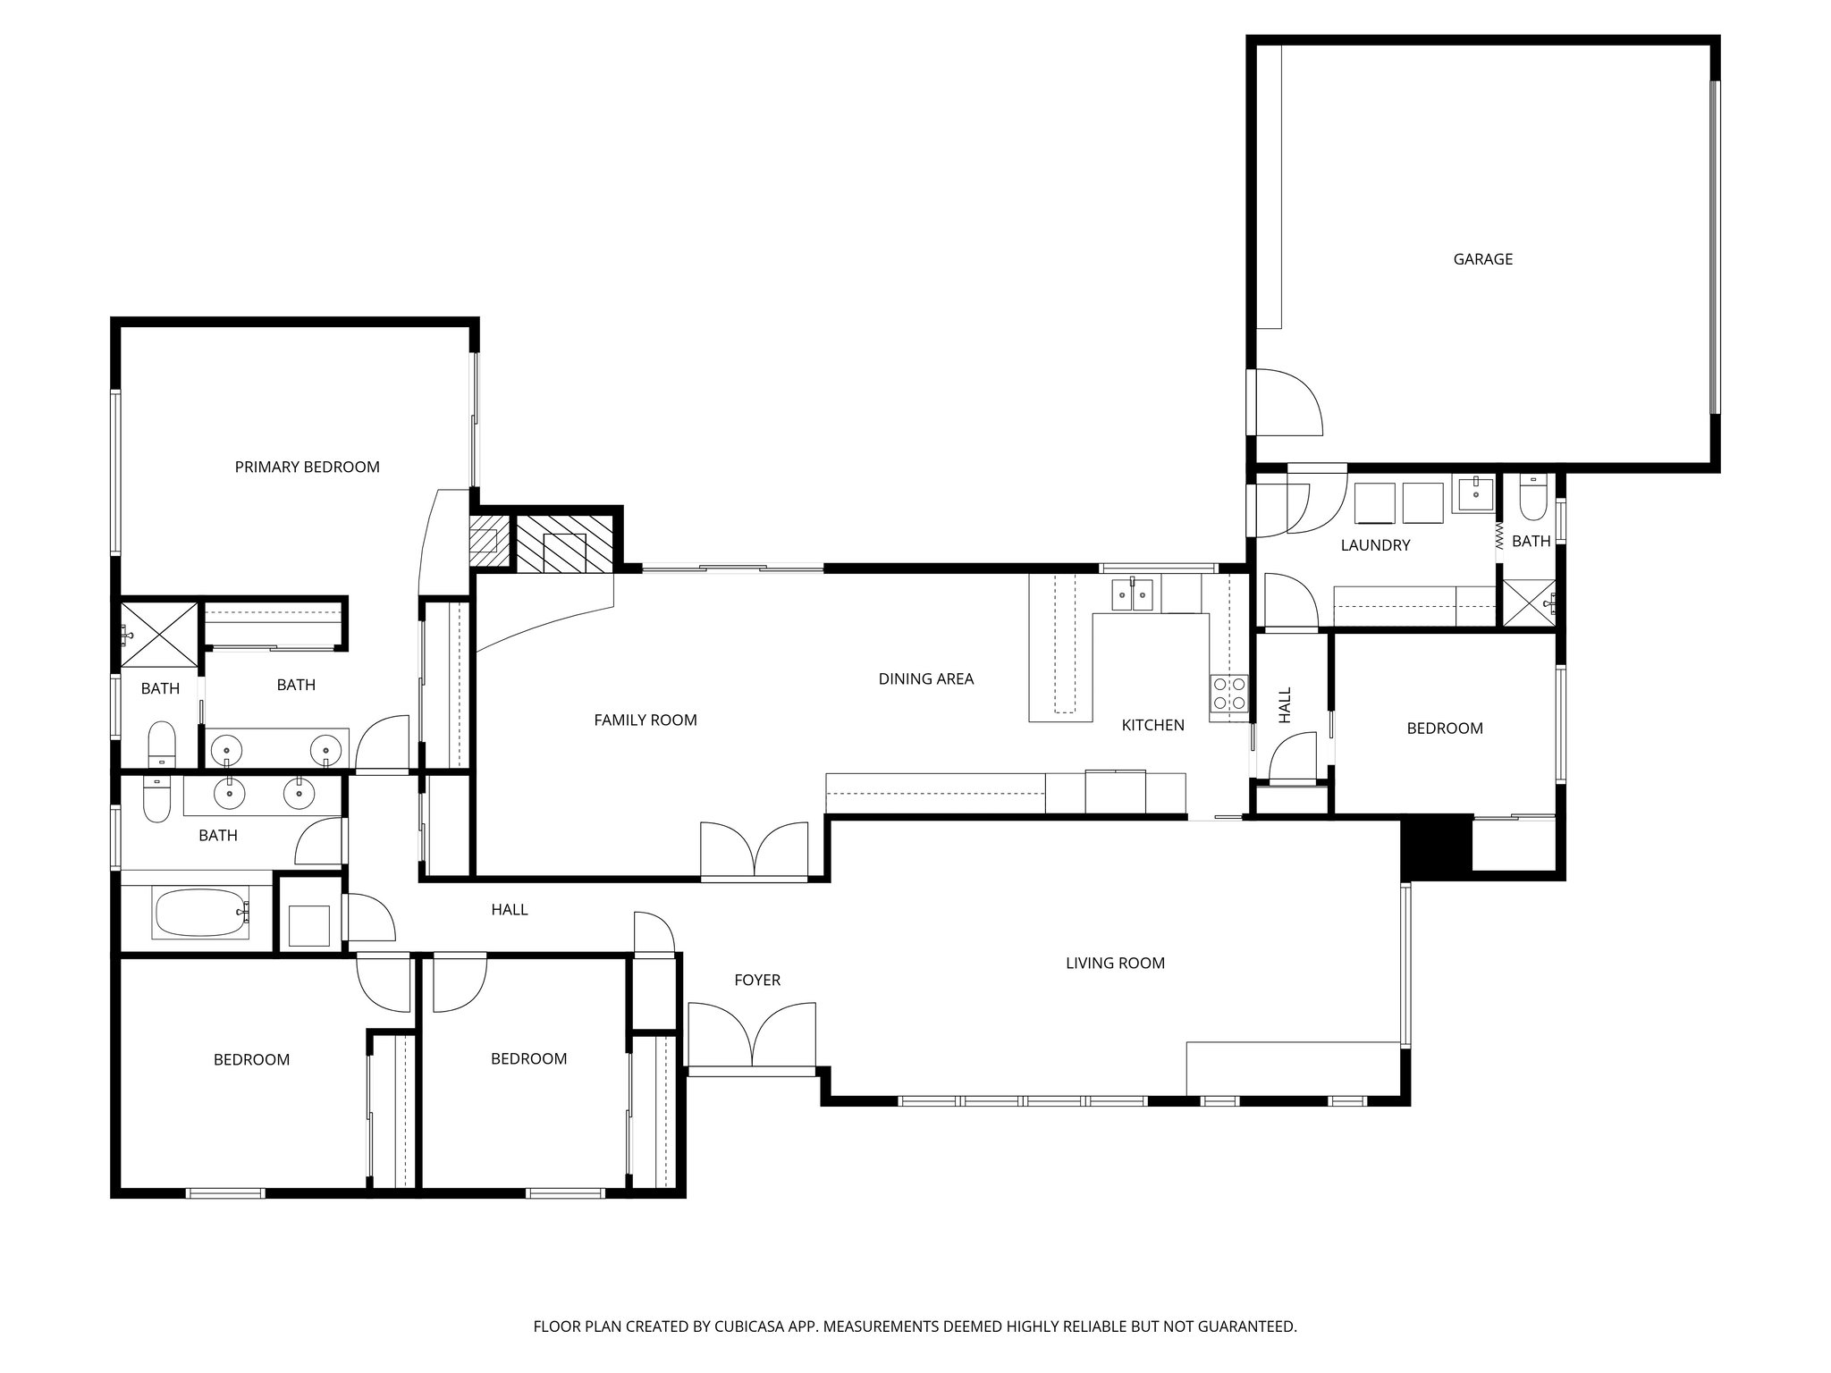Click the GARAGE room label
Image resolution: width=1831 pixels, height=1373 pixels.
1482,259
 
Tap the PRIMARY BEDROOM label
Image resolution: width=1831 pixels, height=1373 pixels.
307,467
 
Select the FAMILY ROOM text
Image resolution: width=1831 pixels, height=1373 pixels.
645,720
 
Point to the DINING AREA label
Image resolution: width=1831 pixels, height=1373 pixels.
925,678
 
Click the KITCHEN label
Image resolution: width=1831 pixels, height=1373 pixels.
1152,725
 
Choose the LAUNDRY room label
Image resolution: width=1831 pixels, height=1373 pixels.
1375,545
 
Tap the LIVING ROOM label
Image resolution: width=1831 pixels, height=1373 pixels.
1115,963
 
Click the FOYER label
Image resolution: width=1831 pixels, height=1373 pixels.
757,981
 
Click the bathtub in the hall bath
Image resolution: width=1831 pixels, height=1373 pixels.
202,913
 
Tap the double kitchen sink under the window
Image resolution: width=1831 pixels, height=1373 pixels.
1132,594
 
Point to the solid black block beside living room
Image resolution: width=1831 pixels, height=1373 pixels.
1436,844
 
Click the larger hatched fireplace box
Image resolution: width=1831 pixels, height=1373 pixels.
564,542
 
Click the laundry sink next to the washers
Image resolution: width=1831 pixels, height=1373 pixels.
1472,493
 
